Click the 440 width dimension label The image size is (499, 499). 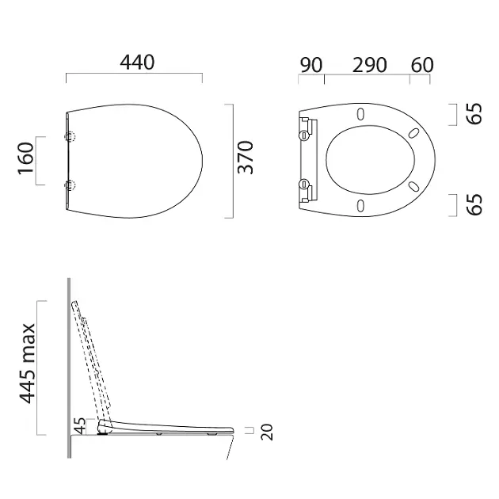(x=137, y=63)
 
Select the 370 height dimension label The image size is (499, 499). (x=246, y=157)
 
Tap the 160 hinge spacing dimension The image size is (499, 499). (x=26, y=158)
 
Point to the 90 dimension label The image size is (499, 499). (x=311, y=65)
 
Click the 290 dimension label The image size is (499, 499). (x=369, y=65)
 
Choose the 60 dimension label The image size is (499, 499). (x=422, y=65)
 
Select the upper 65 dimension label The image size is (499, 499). (x=474, y=113)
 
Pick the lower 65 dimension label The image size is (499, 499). (x=474, y=204)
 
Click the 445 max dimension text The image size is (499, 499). (x=28, y=364)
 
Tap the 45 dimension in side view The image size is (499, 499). (x=80, y=426)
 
